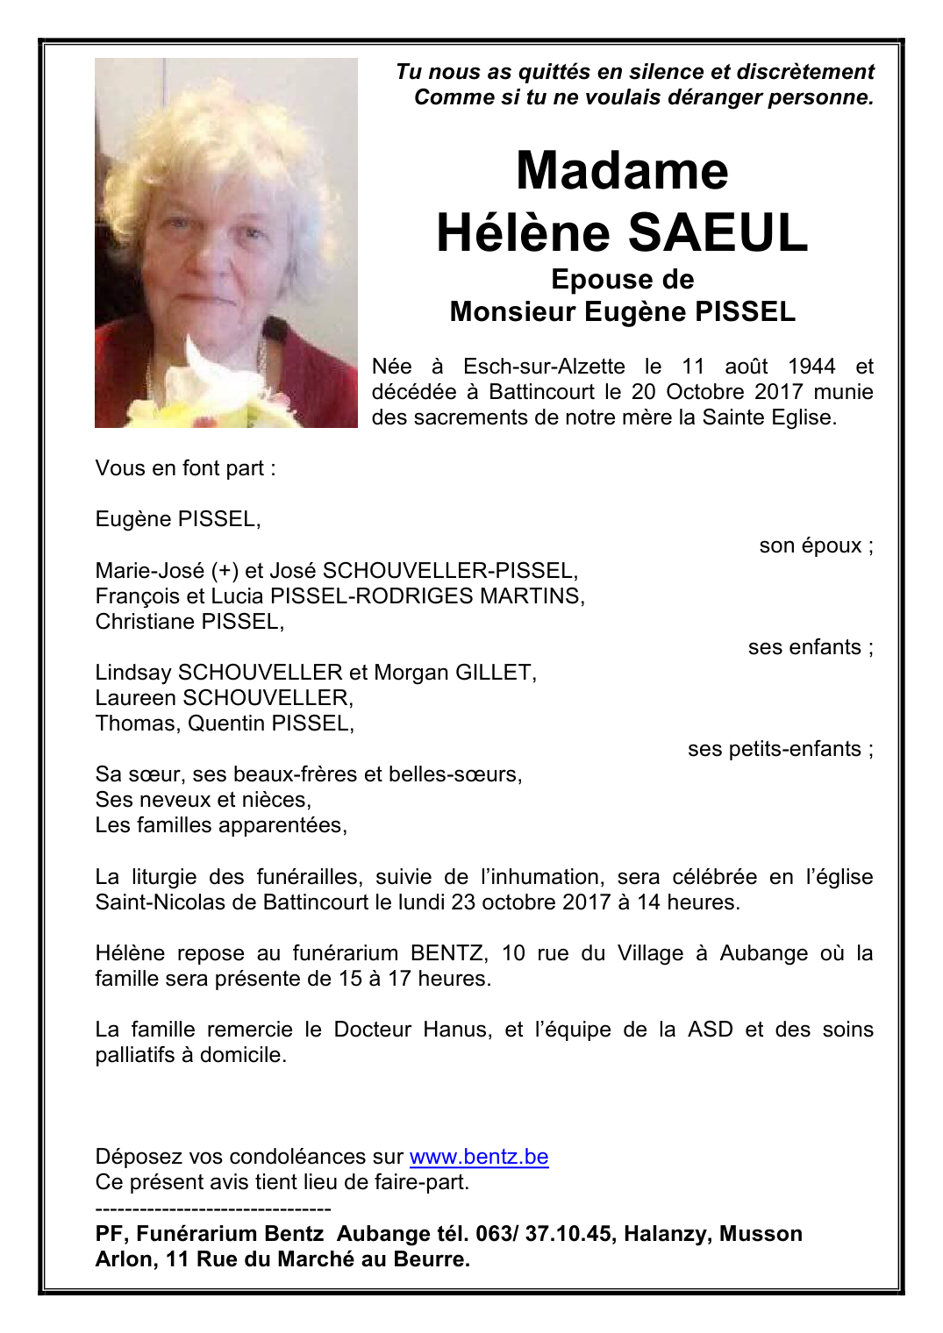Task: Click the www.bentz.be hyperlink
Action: [478, 1157]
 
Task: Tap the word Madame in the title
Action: [622, 170]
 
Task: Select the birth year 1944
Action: [811, 367]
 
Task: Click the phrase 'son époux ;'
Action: [816, 545]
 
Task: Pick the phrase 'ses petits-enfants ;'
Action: [780, 749]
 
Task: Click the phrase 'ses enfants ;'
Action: [810, 647]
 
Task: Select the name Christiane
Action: [145, 622]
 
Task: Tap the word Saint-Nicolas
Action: [160, 902]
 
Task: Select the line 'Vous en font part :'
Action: [185, 468]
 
